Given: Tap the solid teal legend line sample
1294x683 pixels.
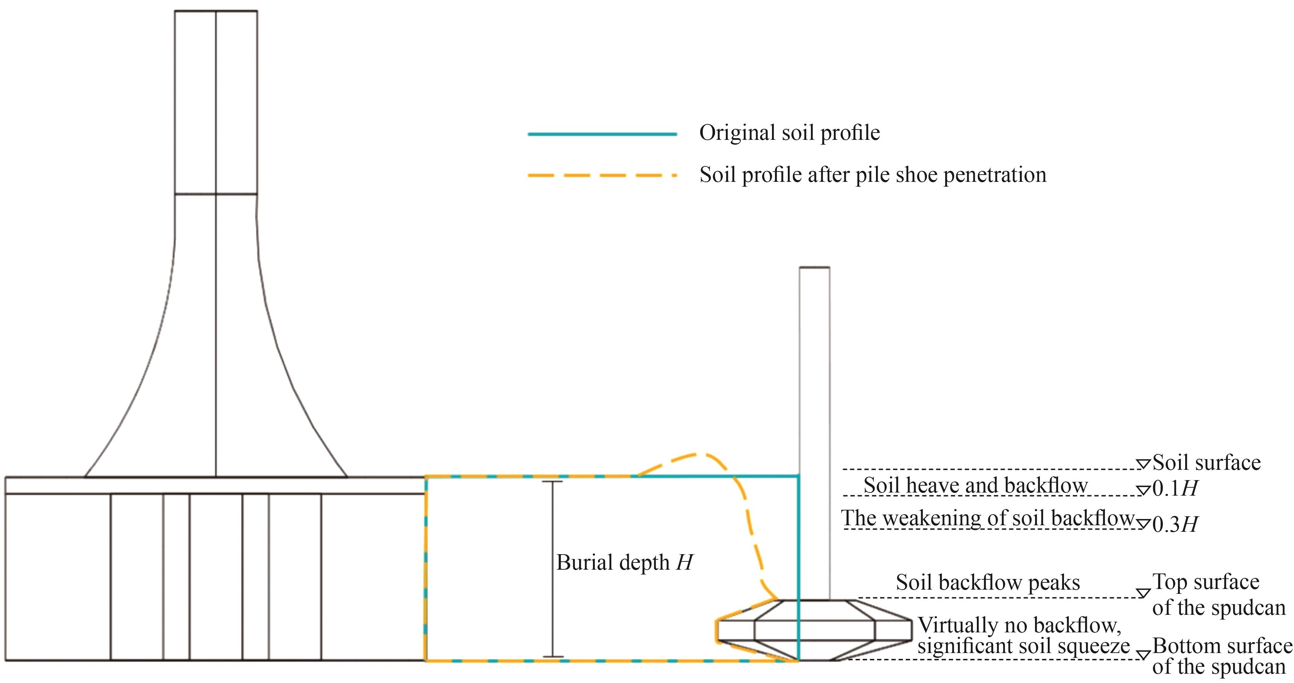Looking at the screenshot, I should pos(602,134).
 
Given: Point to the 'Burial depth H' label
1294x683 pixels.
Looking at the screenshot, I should pos(624,562).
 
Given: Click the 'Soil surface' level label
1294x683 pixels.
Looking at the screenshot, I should pos(1206,462).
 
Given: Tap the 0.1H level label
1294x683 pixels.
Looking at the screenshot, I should pos(1175,488).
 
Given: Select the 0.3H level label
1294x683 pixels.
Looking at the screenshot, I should pos(1175,524).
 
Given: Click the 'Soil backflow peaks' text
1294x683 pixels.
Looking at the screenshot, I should pos(988,582).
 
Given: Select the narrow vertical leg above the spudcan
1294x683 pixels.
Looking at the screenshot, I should pos(814,432).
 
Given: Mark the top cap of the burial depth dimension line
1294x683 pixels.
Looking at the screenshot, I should pos(553,482).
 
